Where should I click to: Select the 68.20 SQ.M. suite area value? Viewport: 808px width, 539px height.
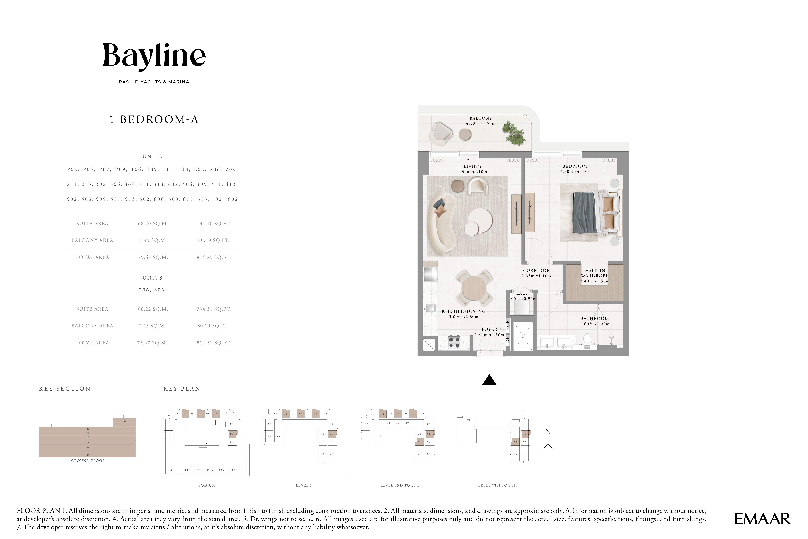153,223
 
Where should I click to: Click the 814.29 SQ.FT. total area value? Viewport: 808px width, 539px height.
213,257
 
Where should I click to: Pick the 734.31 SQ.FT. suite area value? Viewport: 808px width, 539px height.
213,309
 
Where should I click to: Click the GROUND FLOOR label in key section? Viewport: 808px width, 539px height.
88,461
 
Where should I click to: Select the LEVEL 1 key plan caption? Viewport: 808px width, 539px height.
304,485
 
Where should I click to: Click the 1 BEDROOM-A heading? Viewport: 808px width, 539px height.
154,120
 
